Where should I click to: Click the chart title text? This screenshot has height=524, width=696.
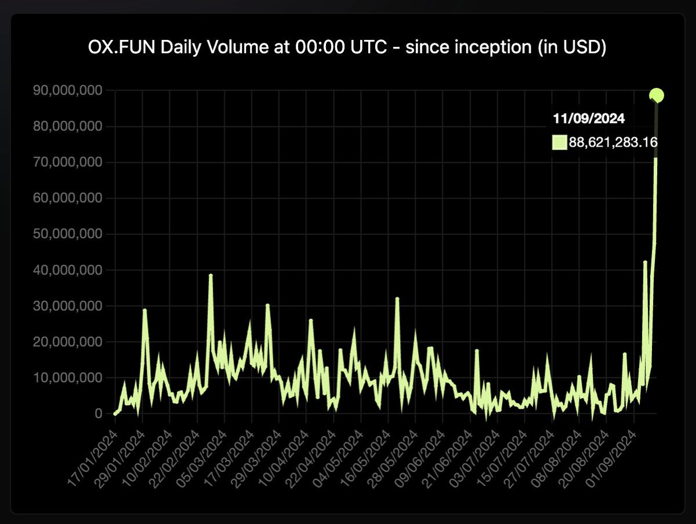tap(347, 48)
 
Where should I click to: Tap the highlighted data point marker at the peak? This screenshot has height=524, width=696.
tap(657, 95)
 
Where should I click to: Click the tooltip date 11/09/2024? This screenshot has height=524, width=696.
tap(588, 119)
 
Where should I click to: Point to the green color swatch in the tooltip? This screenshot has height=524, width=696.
tap(559, 143)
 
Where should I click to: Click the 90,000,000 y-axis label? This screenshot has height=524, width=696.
tap(68, 90)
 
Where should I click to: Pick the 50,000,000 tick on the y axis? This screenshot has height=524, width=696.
tap(68, 234)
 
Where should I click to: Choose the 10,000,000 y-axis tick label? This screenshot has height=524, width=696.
tap(68, 378)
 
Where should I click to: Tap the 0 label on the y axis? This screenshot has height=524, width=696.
tap(99, 414)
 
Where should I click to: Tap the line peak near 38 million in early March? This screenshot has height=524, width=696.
tap(211, 275)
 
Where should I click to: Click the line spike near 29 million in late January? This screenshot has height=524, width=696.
tap(144, 310)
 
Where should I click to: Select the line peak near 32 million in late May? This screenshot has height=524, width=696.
tap(397, 299)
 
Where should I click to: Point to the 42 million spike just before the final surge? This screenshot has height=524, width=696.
tap(645, 262)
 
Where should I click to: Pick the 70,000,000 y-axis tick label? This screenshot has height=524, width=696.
tap(68, 162)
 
